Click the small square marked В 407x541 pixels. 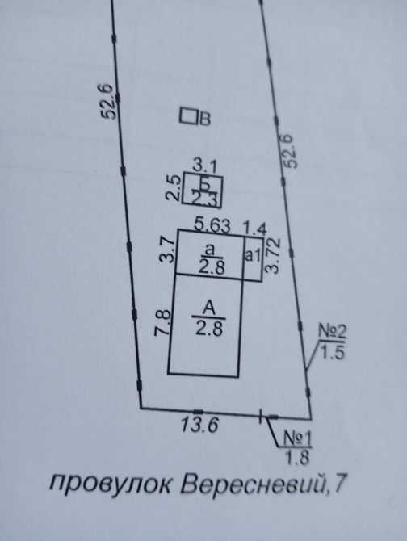pyautogui.click(x=188, y=116)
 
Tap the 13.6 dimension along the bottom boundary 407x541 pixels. pyautogui.click(x=199, y=425)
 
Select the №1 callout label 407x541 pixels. pyautogui.click(x=298, y=439)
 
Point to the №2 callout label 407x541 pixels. pyautogui.click(x=332, y=332)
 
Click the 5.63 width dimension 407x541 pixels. pyautogui.click(x=212, y=226)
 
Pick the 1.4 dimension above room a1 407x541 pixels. pyautogui.click(x=255, y=229)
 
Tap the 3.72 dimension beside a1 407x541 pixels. pyautogui.click(x=273, y=256)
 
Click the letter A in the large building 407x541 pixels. pyautogui.click(x=209, y=308)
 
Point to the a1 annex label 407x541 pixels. pyautogui.click(x=253, y=256)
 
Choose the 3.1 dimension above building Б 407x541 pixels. pyautogui.click(x=204, y=168)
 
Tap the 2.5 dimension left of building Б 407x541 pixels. pyautogui.click(x=174, y=188)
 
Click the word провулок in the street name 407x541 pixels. pyautogui.click(x=112, y=484)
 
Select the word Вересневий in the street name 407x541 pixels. pyautogui.click(x=254, y=483)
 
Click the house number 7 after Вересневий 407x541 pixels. pyautogui.click(x=339, y=483)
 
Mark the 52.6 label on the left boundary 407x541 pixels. pyautogui.click(x=109, y=101)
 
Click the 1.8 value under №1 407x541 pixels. pyautogui.click(x=297, y=457)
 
